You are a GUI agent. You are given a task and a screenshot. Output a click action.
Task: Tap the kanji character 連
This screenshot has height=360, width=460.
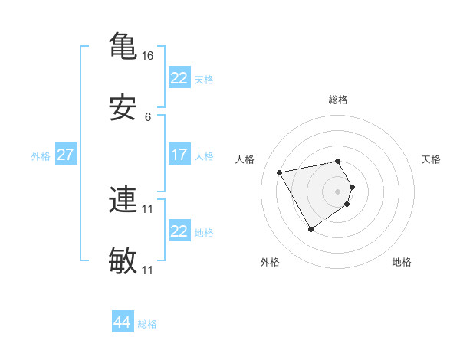coord(123,201)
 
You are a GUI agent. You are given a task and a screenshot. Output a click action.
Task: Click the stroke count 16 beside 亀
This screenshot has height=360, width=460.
coord(148,56)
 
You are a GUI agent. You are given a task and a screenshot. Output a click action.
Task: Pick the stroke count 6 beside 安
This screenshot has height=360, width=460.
coord(148,117)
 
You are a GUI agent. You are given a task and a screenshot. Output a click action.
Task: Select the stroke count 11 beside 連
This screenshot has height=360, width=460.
coord(148,208)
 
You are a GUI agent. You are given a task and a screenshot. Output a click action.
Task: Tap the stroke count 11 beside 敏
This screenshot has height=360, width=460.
coord(148,270)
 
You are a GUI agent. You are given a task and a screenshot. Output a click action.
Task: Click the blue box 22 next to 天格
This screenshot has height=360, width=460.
coord(179,77)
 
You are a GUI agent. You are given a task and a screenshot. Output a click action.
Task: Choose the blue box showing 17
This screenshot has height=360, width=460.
coord(179,155)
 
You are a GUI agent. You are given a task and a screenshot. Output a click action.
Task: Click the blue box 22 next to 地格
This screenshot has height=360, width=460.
coord(179,231)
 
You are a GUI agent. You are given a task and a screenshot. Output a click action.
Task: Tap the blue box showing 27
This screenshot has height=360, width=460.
coord(66,155)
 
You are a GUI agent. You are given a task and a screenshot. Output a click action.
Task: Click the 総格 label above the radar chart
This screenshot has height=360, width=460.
coord(337,100)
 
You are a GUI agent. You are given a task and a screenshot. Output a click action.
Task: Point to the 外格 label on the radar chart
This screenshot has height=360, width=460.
coord(270,262)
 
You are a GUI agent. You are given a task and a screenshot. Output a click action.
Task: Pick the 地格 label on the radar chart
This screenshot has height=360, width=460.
coord(402,262)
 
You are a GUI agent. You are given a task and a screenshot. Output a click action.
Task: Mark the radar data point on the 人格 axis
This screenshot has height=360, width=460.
coord(280,172)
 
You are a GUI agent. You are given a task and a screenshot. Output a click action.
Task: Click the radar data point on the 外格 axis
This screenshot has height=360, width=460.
coord(310,229)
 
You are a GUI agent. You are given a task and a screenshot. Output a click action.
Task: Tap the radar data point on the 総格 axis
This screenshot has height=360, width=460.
coord(337,161)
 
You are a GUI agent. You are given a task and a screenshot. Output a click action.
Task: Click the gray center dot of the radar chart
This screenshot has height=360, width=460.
coord(337,191)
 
